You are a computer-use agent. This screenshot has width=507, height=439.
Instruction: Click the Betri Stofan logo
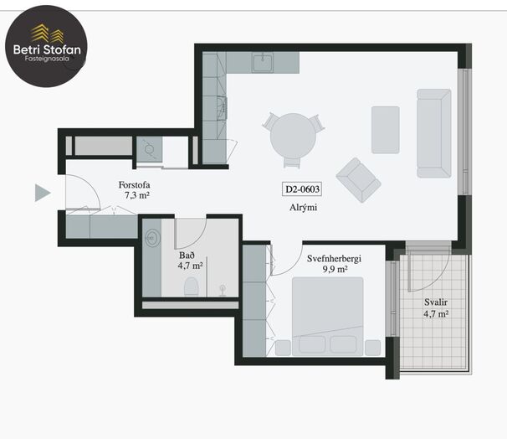[x=46, y=46]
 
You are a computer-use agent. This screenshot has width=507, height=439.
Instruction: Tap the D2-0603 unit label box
[x=302, y=189]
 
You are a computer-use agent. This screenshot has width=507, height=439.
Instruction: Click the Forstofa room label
[x=134, y=185]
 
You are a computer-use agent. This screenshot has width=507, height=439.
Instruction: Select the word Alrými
[x=304, y=208]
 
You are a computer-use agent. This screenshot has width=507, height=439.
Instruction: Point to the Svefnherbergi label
[x=334, y=259]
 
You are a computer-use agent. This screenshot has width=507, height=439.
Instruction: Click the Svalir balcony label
[x=436, y=302]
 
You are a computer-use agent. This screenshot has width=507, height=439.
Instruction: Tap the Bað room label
[x=187, y=256]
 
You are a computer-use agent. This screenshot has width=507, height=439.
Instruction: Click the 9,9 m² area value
[x=335, y=270]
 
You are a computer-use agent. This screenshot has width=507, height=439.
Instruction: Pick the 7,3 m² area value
[x=136, y=195]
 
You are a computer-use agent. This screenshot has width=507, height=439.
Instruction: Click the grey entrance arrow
[x=42, y=193]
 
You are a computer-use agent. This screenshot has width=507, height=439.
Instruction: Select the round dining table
[x=293, y=136]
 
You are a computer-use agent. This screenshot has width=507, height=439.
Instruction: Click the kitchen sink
[x=263, y=63]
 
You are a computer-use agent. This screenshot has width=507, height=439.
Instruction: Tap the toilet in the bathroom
[x=191, y=287]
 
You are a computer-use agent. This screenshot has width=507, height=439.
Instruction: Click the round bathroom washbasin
[x=152, y=238]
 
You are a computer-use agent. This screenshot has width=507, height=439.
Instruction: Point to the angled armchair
[x=358, y=180]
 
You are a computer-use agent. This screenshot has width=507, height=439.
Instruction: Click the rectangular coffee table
[x=386, y=130]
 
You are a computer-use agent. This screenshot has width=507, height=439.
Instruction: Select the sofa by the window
[x=434, y=133]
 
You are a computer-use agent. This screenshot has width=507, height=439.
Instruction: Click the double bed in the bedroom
[x=328, y=317]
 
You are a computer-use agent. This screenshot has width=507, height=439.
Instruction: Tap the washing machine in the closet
[x=149, y=149]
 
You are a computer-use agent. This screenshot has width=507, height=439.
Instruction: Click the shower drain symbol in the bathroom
[x=223, y=291]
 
